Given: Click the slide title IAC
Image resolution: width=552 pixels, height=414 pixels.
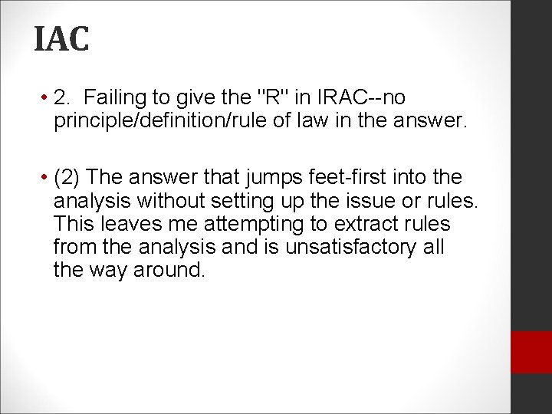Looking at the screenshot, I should coord(61,38).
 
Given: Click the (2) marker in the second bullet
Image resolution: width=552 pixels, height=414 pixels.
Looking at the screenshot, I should coord(67,177).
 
